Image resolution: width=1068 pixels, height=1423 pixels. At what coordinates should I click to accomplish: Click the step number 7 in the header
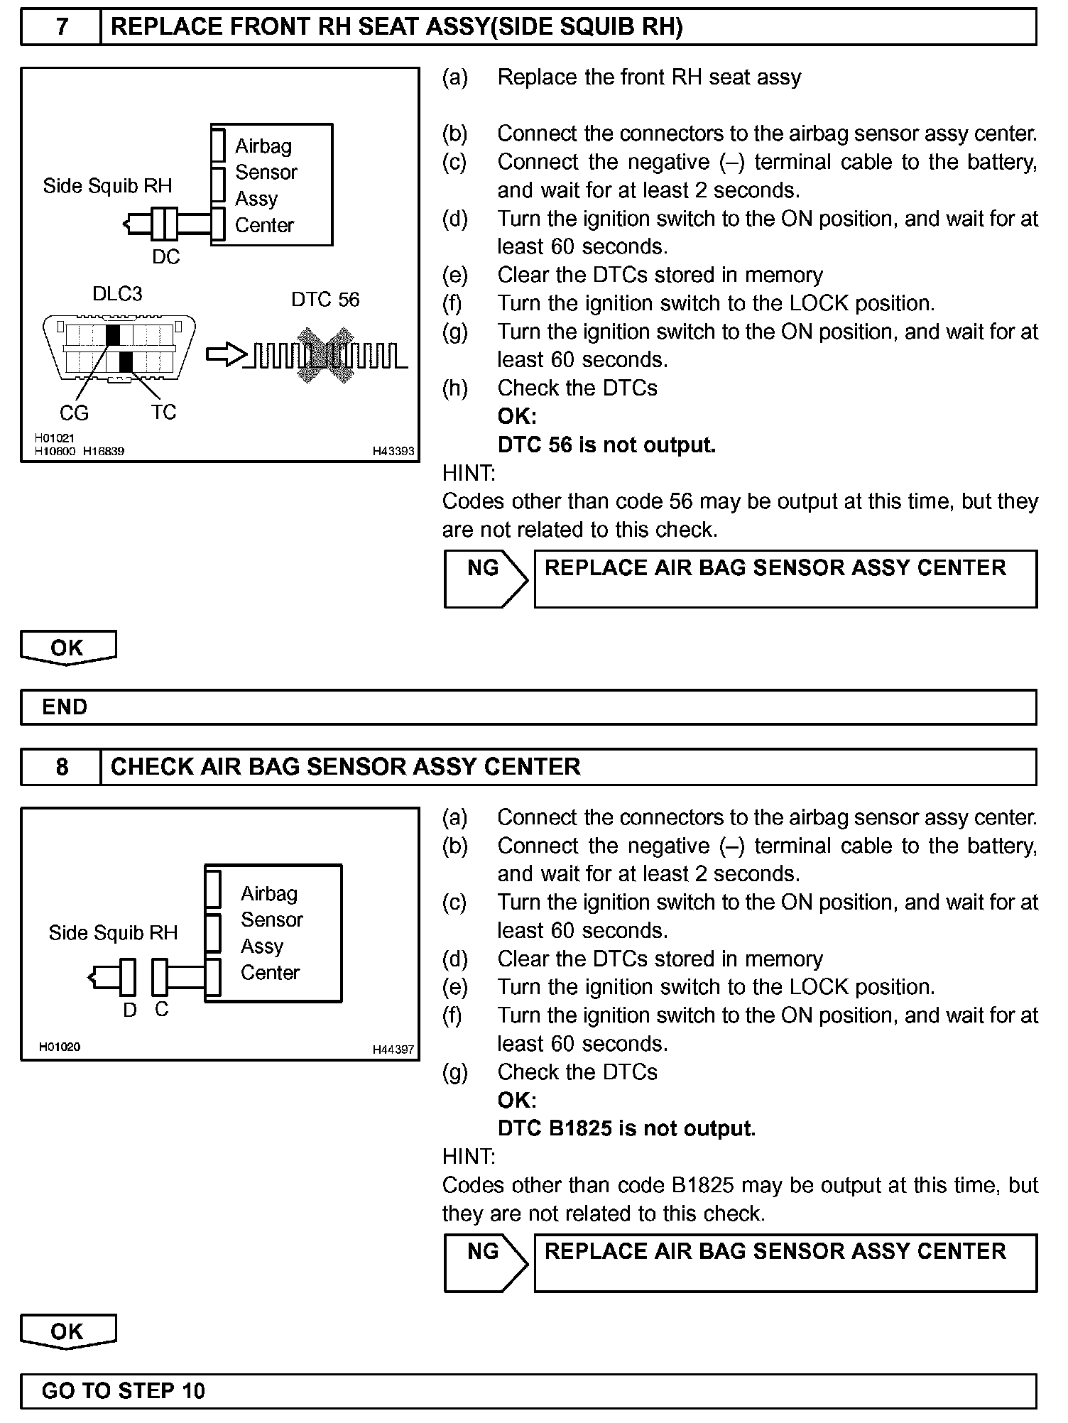[62, 27]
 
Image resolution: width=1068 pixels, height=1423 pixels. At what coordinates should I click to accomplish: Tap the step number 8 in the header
[62, 767]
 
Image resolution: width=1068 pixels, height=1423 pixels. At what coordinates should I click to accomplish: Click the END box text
[65, 707]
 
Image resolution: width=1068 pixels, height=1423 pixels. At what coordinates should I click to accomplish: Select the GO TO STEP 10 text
[124, 1390]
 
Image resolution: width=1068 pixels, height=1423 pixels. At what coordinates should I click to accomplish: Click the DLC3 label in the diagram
[117, 294]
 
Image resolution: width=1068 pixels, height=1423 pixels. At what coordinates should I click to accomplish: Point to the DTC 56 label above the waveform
[325, 300]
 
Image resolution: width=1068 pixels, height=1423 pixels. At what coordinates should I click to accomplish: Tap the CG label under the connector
[74, 413]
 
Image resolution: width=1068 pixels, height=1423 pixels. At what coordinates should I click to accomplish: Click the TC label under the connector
[163, 413]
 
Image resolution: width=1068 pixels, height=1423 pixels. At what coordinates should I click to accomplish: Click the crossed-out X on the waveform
[325, 355]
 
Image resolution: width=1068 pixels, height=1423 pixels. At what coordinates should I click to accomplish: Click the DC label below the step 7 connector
[165, 257]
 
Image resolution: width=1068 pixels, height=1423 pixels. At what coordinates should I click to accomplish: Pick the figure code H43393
[393, 451]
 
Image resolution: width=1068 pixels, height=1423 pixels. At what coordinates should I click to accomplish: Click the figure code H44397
[393, 1049]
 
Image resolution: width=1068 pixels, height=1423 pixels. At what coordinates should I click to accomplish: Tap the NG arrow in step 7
[486, 579]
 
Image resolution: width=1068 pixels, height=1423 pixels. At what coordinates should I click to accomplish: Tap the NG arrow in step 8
[486, 1263]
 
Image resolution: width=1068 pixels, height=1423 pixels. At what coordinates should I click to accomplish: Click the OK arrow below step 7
[67, 648]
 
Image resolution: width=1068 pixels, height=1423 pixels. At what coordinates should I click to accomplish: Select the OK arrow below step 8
[67, 1331]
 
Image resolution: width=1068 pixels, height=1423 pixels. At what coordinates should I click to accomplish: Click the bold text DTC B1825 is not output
[626, 1128]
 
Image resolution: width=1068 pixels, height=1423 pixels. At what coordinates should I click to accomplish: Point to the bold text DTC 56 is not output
[606, 445]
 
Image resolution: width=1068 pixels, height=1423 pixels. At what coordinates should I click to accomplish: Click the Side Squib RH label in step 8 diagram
[113, 933]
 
